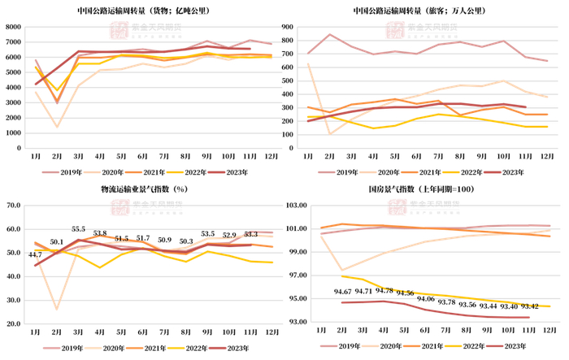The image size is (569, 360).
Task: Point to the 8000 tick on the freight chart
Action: coord(13,27)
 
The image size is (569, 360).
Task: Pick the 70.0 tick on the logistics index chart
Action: coord(13,206)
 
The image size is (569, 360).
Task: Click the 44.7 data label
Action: coord(35,255)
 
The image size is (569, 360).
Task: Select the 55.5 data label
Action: coord(79,229)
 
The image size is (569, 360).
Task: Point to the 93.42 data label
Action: coord(531,306)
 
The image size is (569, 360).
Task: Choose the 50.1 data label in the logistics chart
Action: coord(56,242)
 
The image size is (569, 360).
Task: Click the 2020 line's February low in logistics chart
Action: coord(57,310)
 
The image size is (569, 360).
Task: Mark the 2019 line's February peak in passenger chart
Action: coord(330,35)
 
